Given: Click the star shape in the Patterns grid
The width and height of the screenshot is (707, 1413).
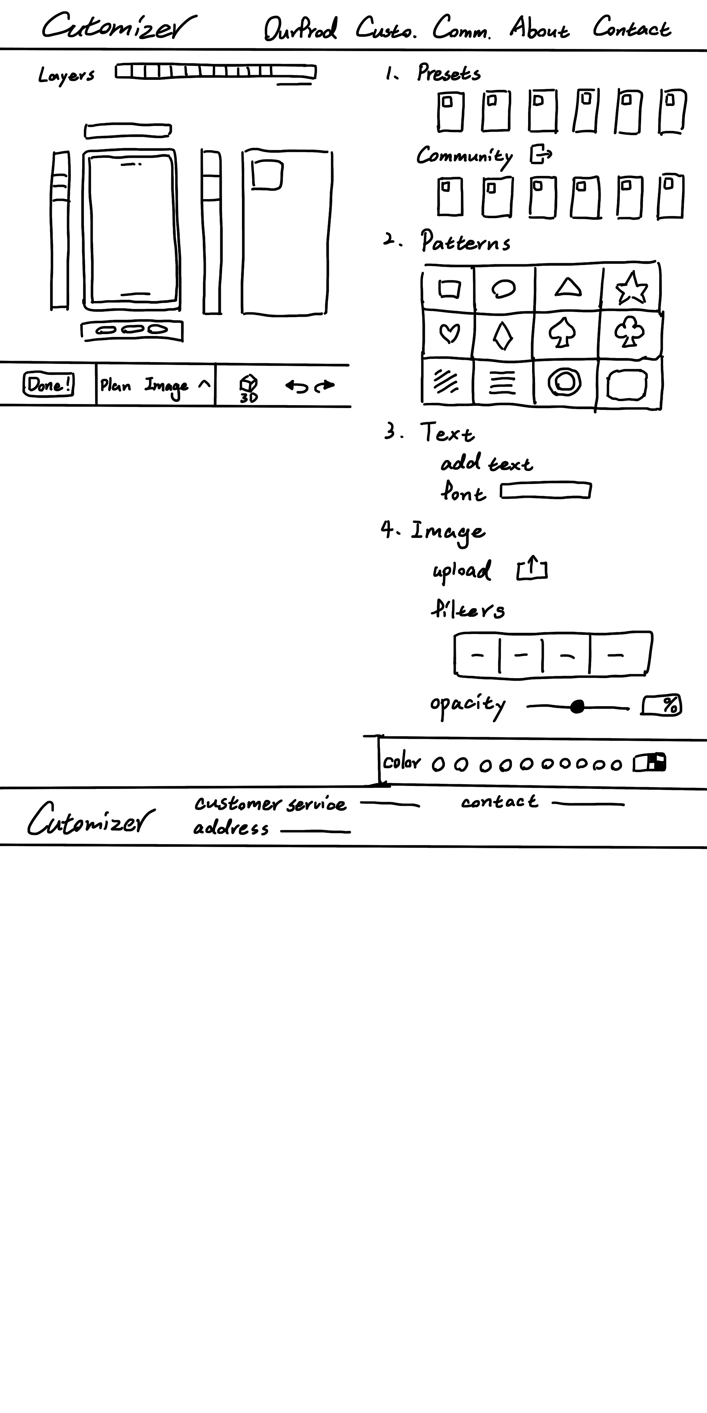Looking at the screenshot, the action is (x=631, y=288).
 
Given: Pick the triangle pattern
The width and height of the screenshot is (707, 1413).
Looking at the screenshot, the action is (x=567, y=287).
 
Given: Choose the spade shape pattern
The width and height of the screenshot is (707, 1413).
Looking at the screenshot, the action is (x=562, y=333).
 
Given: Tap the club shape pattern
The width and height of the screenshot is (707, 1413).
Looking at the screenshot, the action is (x=629, y=333).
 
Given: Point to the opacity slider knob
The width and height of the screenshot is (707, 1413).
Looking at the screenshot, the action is (x=577, y=707).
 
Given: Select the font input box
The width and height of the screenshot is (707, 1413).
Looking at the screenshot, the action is (x=546, y=491).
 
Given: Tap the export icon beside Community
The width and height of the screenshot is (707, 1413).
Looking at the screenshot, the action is (x=540, y=154).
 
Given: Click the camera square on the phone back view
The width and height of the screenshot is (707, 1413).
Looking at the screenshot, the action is (x=267, y=174).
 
